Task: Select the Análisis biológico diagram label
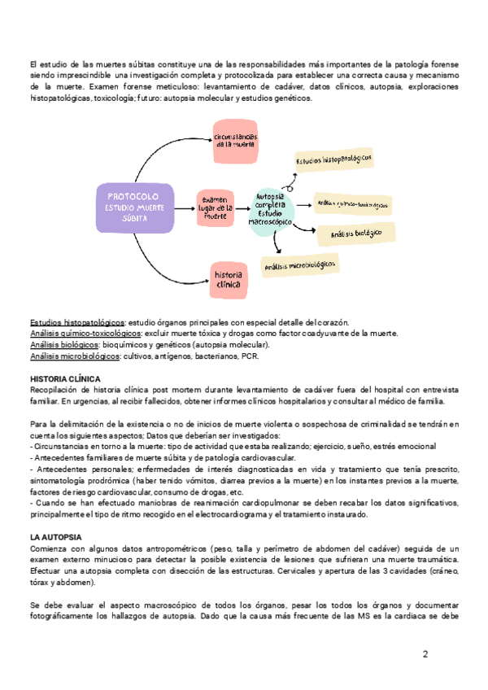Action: [x=356, y=234]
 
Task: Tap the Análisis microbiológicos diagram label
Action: [x=298, y=264]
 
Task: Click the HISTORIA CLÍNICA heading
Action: [x=65, y=379]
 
